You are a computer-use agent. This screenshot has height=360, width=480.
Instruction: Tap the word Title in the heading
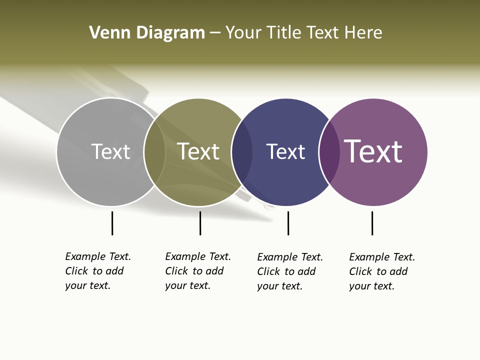pos(284,33)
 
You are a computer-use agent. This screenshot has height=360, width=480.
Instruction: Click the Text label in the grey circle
pos(110,151)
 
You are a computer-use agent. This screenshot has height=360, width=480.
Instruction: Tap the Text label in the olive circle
pos(198,151)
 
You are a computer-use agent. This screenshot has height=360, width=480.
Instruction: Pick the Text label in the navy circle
pos(285,151)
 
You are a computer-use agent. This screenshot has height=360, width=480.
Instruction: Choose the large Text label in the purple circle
pos(373,151)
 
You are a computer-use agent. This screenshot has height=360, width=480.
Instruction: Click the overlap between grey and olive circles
pos(154,152)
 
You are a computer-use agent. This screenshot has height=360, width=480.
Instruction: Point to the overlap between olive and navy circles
pos(242,152)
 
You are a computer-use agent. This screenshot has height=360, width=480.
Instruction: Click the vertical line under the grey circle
pos(112,223)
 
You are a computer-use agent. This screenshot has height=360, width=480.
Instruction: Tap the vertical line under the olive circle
pos(200,223)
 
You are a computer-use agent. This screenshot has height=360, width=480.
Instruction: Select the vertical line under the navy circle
pos(288,223)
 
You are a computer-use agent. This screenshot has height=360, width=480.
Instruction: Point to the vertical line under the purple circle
pos(372,223)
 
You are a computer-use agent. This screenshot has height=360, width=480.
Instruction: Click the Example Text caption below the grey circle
pos(98,271)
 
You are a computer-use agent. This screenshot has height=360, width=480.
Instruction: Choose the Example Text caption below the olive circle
pos(198,271)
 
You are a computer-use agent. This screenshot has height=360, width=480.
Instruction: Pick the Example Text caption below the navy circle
pos(290,271)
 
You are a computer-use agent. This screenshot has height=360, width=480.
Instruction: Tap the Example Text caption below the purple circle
pos(382,271)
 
